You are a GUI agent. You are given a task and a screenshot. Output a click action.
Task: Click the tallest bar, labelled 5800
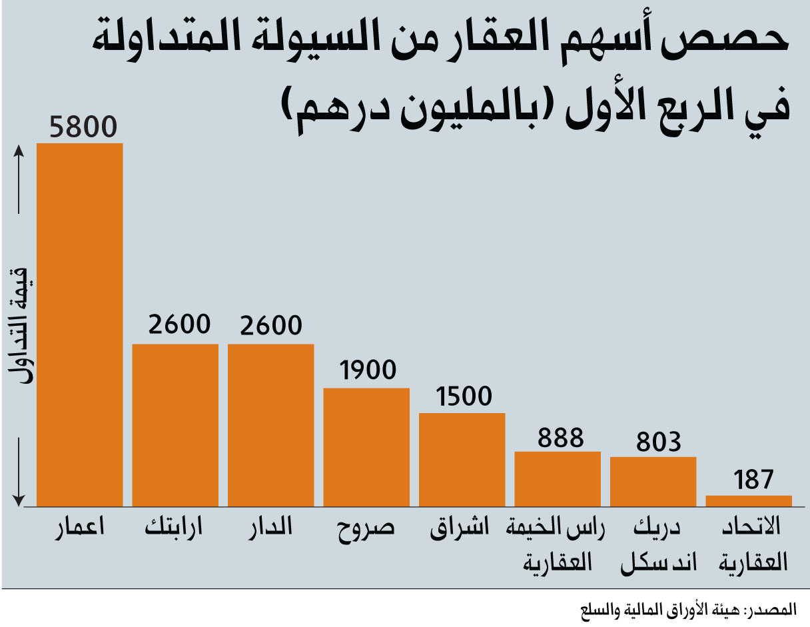80,324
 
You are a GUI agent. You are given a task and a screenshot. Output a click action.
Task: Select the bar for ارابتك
175,425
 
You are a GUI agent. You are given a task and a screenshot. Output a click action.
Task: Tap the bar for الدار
271,425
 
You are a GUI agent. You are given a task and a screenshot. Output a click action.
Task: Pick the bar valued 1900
366,447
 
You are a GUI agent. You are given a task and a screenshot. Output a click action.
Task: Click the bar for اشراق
462,460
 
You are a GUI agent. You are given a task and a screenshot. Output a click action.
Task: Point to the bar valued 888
558,479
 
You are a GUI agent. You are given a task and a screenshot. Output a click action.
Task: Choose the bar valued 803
653,482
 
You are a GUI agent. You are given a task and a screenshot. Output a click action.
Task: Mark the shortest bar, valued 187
749,501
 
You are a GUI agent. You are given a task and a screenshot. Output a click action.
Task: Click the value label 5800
83,127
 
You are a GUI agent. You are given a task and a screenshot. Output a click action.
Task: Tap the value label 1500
464,396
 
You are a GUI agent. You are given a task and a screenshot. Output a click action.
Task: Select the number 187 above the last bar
753,480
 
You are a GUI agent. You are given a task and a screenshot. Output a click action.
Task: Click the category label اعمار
80,528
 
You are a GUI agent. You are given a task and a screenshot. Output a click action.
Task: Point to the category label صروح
366,529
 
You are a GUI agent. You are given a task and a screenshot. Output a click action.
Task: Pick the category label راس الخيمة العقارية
556,544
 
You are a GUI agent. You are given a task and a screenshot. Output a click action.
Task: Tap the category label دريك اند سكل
658,544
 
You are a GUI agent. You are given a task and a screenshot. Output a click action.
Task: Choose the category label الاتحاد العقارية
753,544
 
